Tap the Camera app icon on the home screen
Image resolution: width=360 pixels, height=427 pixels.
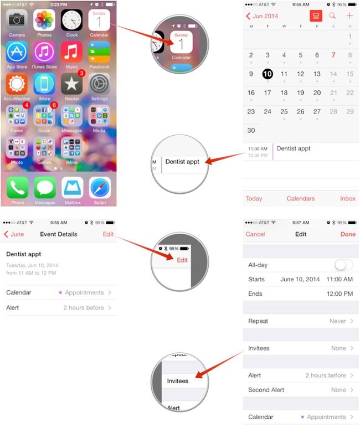pos(17,20)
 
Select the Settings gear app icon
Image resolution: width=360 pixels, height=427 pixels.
pos(100,84)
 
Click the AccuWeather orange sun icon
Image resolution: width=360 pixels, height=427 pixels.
pos(17,84)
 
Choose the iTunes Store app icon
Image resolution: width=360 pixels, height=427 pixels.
pos(44,53)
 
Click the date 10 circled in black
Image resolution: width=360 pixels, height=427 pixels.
pos(268,74)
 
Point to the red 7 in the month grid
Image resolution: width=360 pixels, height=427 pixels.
pos(333,55)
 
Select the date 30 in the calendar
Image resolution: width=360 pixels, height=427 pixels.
pos(251,131)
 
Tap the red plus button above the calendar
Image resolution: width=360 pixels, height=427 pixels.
pos(349,16)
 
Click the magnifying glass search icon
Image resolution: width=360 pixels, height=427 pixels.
pos(332,16)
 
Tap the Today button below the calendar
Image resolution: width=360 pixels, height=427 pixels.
pos(254,199)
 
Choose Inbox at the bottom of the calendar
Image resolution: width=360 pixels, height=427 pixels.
pos(348,199)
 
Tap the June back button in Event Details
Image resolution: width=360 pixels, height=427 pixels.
pos(14,234)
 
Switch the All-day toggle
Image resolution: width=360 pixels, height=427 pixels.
pos(343,265)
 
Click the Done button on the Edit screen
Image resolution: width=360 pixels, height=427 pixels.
pos(348,234)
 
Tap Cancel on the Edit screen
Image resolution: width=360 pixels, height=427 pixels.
pos(255,234)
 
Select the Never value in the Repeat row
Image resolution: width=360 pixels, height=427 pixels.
pos(338,321)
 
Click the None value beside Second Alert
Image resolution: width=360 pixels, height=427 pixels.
pos(338,390)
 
